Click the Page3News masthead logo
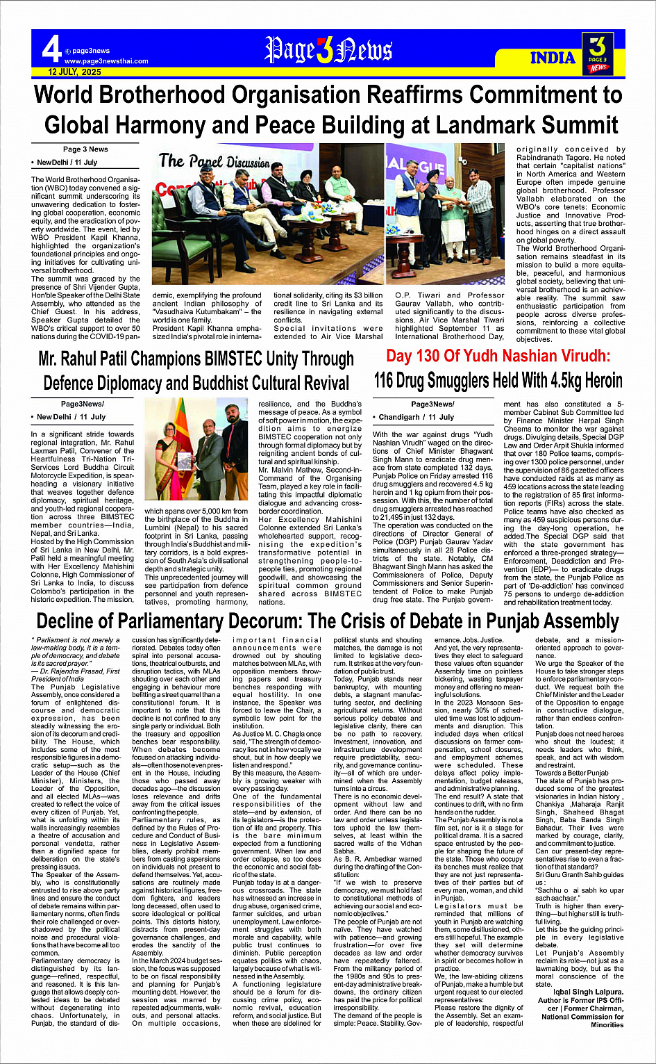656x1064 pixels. [328, 51]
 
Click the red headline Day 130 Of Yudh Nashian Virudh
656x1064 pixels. [498, 357]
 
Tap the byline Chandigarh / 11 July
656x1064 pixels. [416, 417]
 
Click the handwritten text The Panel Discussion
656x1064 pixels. [213, 161]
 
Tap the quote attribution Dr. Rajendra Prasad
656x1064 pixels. [73, 671]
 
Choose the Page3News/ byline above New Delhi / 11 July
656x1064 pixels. [82, 404]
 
